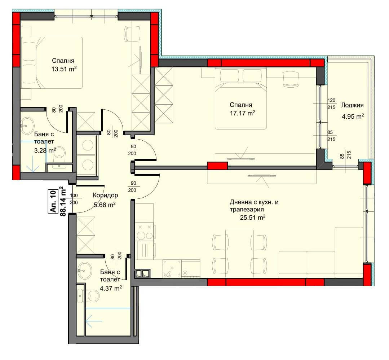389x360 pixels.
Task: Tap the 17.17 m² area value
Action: pos(242,114)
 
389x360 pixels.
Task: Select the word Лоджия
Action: pos(352,105)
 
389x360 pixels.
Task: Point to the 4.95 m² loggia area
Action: pos(353,117)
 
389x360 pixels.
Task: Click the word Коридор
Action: pos(105,196)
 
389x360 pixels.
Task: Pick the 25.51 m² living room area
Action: pos(253,218)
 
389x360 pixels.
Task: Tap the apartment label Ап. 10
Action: pos(53,201)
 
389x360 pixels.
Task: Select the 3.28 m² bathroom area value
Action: pos(45,151)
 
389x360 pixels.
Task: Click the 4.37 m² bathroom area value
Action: pos(111,289)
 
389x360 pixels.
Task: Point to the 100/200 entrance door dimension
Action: pos(74,199)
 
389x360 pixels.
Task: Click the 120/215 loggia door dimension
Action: pos(331,104)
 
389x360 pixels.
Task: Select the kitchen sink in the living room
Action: pos(172,269)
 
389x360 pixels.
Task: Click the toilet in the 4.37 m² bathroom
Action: pos(93,296)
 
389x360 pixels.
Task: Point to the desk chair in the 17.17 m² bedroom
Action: pos(291,79)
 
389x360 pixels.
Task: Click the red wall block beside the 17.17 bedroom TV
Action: pos(217,166)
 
